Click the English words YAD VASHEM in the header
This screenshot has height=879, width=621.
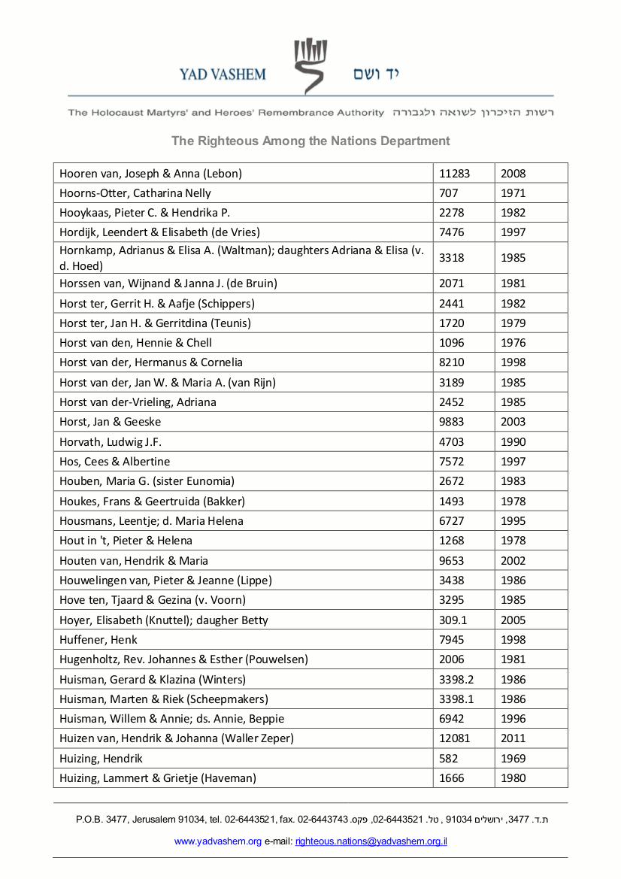click(223, 74)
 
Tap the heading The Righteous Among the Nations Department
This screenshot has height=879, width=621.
click(310, 141)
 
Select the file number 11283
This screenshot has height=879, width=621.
click(454, 174)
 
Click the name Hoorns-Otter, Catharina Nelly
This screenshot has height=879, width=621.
click(135, 193)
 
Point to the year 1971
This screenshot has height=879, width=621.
click(513, 193)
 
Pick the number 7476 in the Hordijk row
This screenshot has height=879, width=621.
click(452, 232)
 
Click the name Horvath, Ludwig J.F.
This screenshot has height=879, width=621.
click(111, 442)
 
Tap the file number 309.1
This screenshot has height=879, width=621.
click(453, 620)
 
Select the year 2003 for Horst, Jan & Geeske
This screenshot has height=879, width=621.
click(513, 422)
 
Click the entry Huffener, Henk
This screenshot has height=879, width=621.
click(98, 640)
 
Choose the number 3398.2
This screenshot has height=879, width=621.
click(456, 680)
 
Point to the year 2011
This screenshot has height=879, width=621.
click(513, 738)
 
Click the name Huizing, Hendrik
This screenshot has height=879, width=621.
click(101, 759)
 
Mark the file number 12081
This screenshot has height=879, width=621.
click(454, 738)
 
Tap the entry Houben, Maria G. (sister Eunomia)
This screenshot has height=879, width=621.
click(147, 481)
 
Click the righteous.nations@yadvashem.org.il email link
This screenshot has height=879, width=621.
click(371, 841)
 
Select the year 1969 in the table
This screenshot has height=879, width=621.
click(513, 759)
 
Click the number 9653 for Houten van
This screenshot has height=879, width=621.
click(452, 561)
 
